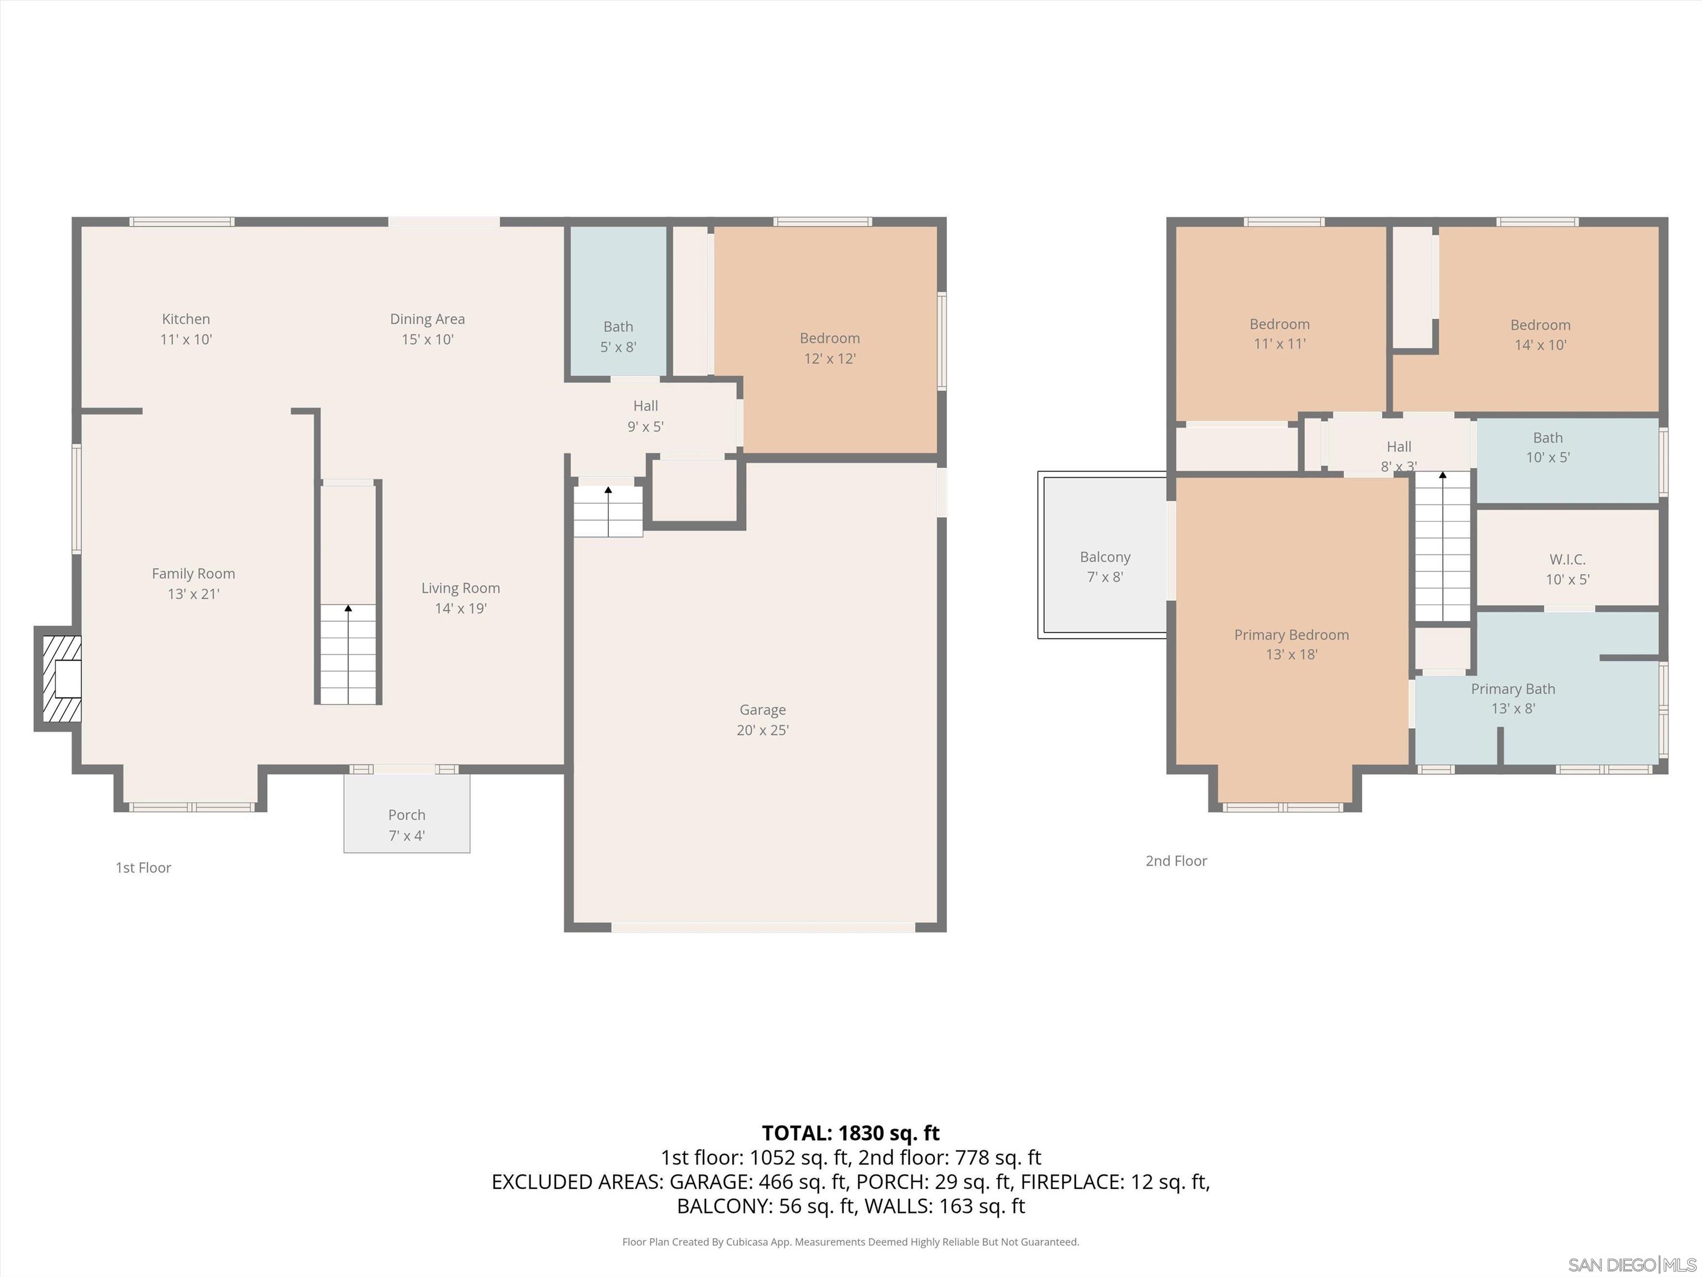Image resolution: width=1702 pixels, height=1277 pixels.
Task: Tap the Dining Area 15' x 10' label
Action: [427, 329]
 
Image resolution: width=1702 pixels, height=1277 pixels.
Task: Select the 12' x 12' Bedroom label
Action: [829, 348]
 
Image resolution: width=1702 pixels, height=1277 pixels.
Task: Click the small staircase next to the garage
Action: [608, 510]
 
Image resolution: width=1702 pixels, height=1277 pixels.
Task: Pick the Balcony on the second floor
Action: [1104, 566]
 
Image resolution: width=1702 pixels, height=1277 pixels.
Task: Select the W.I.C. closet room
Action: [1567, 569]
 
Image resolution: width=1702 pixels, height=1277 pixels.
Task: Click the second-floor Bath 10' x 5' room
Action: [1547, 448]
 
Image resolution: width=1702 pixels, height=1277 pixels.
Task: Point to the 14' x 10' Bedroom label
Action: [1540, 335]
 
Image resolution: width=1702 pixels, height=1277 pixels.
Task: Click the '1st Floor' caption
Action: [143, 867]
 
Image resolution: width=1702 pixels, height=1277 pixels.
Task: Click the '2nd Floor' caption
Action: [1176, 861]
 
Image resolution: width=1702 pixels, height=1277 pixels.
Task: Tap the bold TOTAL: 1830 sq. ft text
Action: [850, 1133]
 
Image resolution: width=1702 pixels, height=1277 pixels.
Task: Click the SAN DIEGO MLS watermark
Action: [1631, 1265]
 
